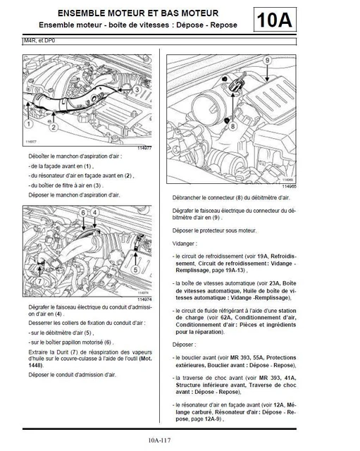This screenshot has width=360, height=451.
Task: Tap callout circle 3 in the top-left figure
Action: pyautogui.click(x=136, y=90)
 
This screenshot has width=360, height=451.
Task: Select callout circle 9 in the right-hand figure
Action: pyautogui.click(x=267, y=61)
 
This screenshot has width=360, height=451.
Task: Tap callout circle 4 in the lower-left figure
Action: pyautogui.click(x=96, y=212)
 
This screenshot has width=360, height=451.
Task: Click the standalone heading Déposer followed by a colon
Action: pyautogui.click(x=185, y=345)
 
